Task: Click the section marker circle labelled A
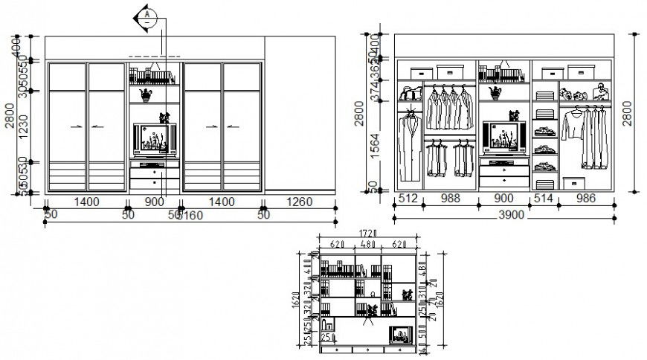click(148, 16)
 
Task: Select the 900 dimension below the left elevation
click(155, 201)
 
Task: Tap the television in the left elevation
click(155, 139)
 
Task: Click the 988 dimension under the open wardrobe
click(450, 199)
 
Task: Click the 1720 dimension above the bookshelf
click(367, 234)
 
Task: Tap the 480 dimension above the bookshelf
click(367, 243)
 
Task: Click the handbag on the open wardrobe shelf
click(408, 94)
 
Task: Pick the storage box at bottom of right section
click(573, 184)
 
